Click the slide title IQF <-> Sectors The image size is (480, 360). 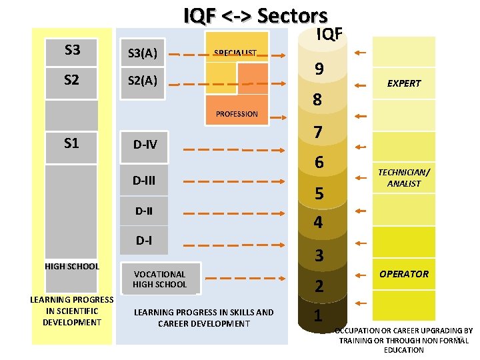(x=255, y=15)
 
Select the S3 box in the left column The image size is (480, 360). (x=72, y=49)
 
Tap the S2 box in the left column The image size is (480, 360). (x=72, y=81)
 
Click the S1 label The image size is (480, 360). (x=72, y=142)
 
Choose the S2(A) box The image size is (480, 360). (x=143, y=81)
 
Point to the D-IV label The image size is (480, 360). (x=145, y=144)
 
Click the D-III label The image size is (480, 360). (x=145, y=180)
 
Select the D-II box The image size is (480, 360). (x=144, y=211)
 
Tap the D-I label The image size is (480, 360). (x=144, y=240)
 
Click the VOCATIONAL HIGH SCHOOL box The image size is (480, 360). (x=159, y=279)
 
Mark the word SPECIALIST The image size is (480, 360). (x=235, y=53)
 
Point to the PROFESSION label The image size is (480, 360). (x=237, y=114)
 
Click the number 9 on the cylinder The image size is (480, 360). (x=319, y=69)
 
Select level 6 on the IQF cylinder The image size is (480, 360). (x=319, y=162)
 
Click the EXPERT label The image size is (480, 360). (x=404, y=83)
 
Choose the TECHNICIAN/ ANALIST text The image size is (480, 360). (x=404, y=177)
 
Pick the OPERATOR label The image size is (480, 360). (x=404, y=274)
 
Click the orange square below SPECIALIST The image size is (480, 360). (x=253, y=78)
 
